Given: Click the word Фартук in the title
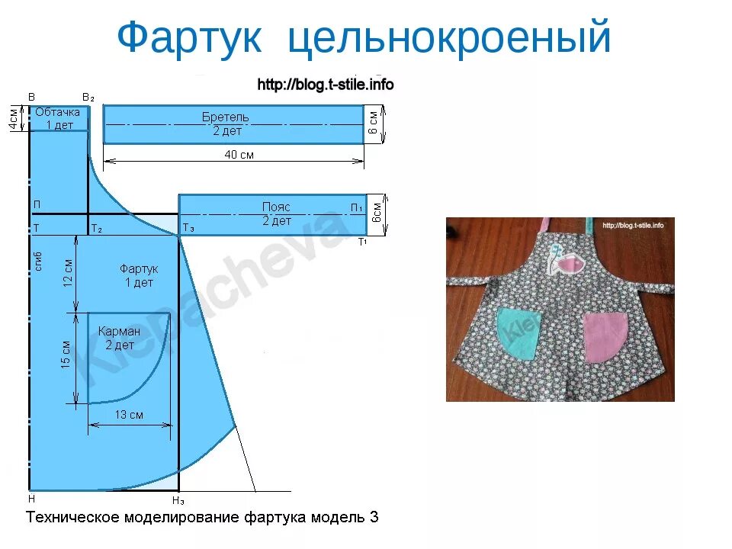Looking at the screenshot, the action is [191, 37].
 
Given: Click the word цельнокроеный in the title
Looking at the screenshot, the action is [450, 39].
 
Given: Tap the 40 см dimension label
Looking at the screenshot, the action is [238, 155].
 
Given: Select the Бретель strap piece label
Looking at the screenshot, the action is [225, 117].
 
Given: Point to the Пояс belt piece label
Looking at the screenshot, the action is [276, 207].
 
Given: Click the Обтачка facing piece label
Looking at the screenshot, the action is [58, 112].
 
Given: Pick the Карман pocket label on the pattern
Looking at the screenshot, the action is [120, 332].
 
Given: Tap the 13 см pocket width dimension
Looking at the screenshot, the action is [129, 415].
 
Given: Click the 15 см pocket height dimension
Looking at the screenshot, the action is [66, 355].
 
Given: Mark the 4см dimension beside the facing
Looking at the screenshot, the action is [14, 118].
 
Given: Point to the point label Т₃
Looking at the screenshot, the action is [188, 229].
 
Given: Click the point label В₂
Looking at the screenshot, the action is [88, 98].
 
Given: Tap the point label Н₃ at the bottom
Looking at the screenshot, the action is [178, 500].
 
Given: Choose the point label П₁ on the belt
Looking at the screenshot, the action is [356, 207].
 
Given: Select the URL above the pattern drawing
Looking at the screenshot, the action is [326, 85].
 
